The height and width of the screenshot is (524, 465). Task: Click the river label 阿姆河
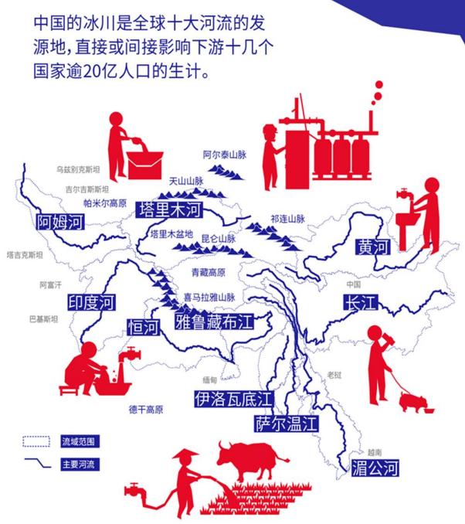[x=59, y=223]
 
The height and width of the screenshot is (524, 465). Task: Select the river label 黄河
[x=374, y=247]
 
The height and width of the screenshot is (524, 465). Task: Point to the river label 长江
[x=359, y=302]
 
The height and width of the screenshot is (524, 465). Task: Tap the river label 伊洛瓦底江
[x=232, y=399]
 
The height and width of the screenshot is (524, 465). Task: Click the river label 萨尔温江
[x=287, y=423]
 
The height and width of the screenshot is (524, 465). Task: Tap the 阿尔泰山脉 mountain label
[x=223, y=155]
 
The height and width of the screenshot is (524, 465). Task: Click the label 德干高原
[x=146, y=410]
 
